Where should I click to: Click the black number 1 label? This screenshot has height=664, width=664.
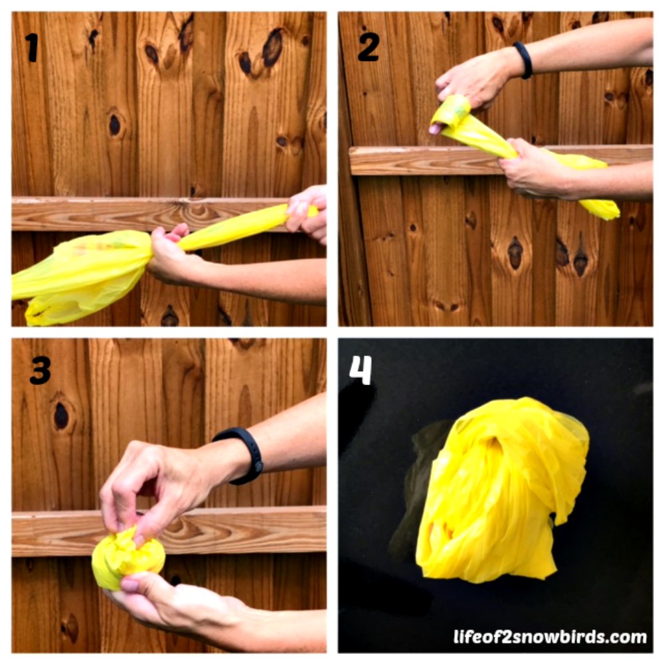pos(32,48)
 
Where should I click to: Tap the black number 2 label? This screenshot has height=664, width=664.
pos(369,46)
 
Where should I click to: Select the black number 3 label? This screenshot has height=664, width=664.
pos(41,371)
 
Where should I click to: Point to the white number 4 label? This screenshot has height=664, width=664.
pos(361,370)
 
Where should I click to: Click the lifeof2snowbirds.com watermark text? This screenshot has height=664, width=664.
pos(550,637)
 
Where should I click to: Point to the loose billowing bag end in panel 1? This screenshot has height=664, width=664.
pos(80,276)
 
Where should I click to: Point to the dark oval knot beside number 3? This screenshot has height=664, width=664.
pos(61,415)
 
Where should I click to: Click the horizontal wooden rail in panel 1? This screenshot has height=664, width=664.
pos(148,214)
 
